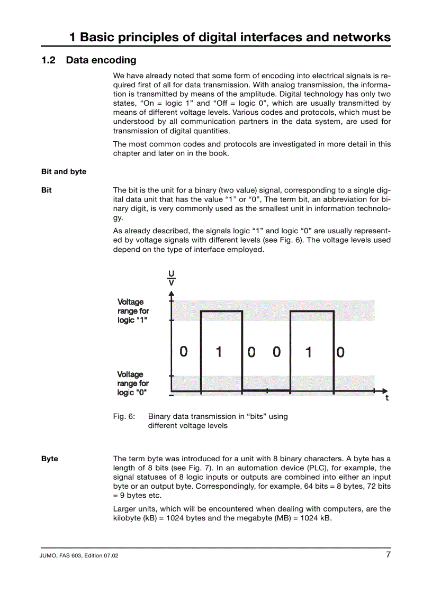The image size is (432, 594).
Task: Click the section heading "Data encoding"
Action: click(101, 60)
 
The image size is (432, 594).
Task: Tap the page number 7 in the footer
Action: click(388, 555)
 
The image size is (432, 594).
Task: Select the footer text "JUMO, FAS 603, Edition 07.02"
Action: click(80, 556)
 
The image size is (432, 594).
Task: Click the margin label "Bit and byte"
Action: click(64, 171)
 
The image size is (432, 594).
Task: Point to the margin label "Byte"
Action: click(50, 459)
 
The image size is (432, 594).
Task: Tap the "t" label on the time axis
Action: click(387, 398)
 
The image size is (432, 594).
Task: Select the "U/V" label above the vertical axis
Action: click(171, 277)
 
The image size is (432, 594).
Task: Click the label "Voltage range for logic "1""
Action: click(133, 311)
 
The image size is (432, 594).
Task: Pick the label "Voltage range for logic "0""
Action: click(133, 383)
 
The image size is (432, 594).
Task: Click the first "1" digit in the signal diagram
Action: click(219, 352)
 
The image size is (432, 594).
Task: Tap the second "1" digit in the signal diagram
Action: click(308, 352)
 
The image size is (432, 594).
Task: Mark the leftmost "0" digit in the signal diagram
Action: click(183, 351)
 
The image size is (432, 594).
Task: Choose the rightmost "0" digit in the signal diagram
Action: click(340, 352)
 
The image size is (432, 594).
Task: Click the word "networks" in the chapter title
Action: click(362, 37)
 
